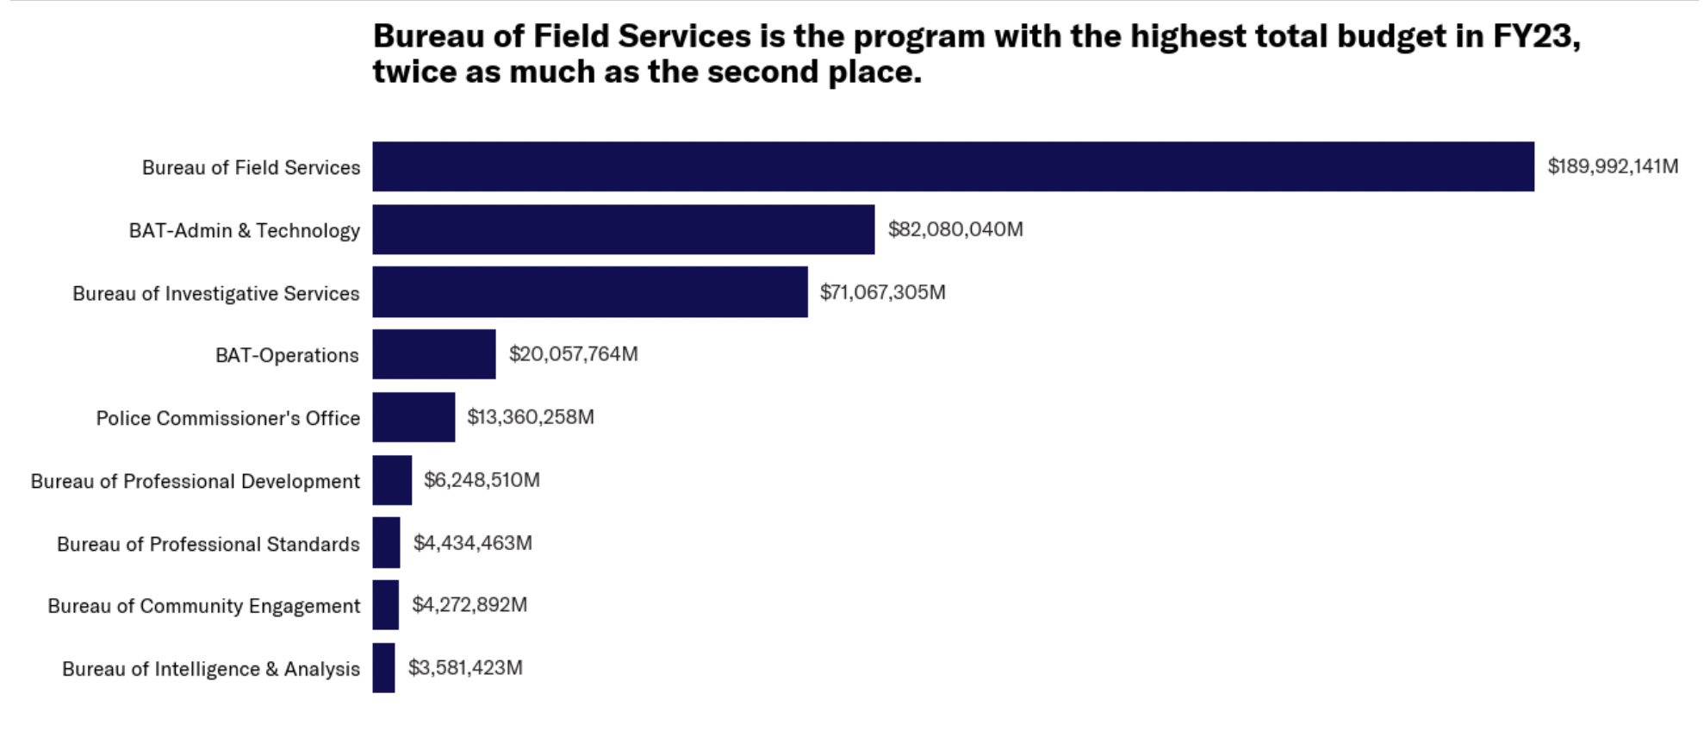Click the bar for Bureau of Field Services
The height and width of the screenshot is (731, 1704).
[x=953, y=166]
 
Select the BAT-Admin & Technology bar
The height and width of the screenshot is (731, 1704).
[x=623, y=229]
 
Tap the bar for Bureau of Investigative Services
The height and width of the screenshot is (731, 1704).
[x=590, y=292]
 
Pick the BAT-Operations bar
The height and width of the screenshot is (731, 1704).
[x=434, y=354]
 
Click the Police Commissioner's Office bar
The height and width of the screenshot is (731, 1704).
[x=414, y=417]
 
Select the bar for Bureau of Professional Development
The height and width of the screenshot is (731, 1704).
[x=392, y=480]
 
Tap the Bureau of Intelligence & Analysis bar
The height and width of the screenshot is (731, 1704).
[x=383, y=668]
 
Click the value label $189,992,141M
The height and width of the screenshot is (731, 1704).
[x=1613, y=166]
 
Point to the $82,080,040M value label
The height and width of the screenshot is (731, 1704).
[x=955, y=229]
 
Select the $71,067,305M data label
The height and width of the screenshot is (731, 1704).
[x=882, y=292]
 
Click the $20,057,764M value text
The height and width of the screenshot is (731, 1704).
[x=573, y=354]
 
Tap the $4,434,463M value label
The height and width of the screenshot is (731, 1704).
[x=472, y=543]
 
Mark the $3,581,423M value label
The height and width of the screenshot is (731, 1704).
[x=465, y=668]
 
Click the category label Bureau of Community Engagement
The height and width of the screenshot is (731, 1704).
[x=204, y=606]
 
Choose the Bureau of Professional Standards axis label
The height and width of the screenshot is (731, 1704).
[x=208, y=544]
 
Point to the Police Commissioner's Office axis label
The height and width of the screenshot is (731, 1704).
[x=228, y=418]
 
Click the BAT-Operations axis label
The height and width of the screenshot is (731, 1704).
[x=287, y=355]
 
